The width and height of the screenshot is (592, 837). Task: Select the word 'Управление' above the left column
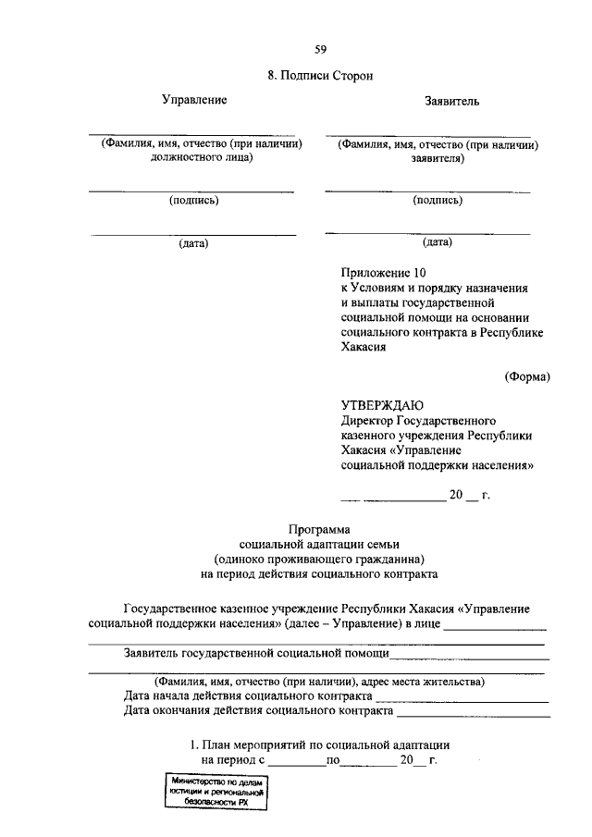[x=194, y=99]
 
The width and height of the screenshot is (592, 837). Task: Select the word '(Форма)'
[x=527, y=376]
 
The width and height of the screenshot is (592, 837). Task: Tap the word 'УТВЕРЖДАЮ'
[x=382, y=406]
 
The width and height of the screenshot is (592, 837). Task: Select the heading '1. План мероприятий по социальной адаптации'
[x=319, y=745]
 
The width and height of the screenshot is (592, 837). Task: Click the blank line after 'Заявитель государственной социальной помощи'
[x=469, y=656]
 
